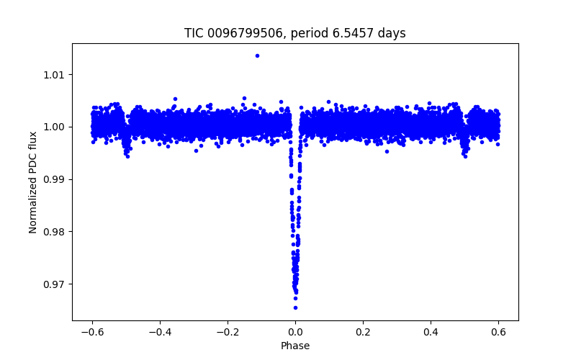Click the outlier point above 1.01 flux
click(257, 55)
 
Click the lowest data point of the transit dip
click(295, 307)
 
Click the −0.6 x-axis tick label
click(91, 332)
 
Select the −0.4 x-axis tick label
click(159, 332)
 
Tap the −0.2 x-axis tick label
click(227, 332)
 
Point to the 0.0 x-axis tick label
click(295, 332)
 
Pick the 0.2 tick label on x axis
click(363, 332)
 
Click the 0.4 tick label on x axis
click(431, 332)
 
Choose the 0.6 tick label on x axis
click(498, 332)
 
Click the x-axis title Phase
click(295, 346)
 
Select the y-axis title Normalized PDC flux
click(33, 181)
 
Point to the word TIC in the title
click(194, 33)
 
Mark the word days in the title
click(393, 33)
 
